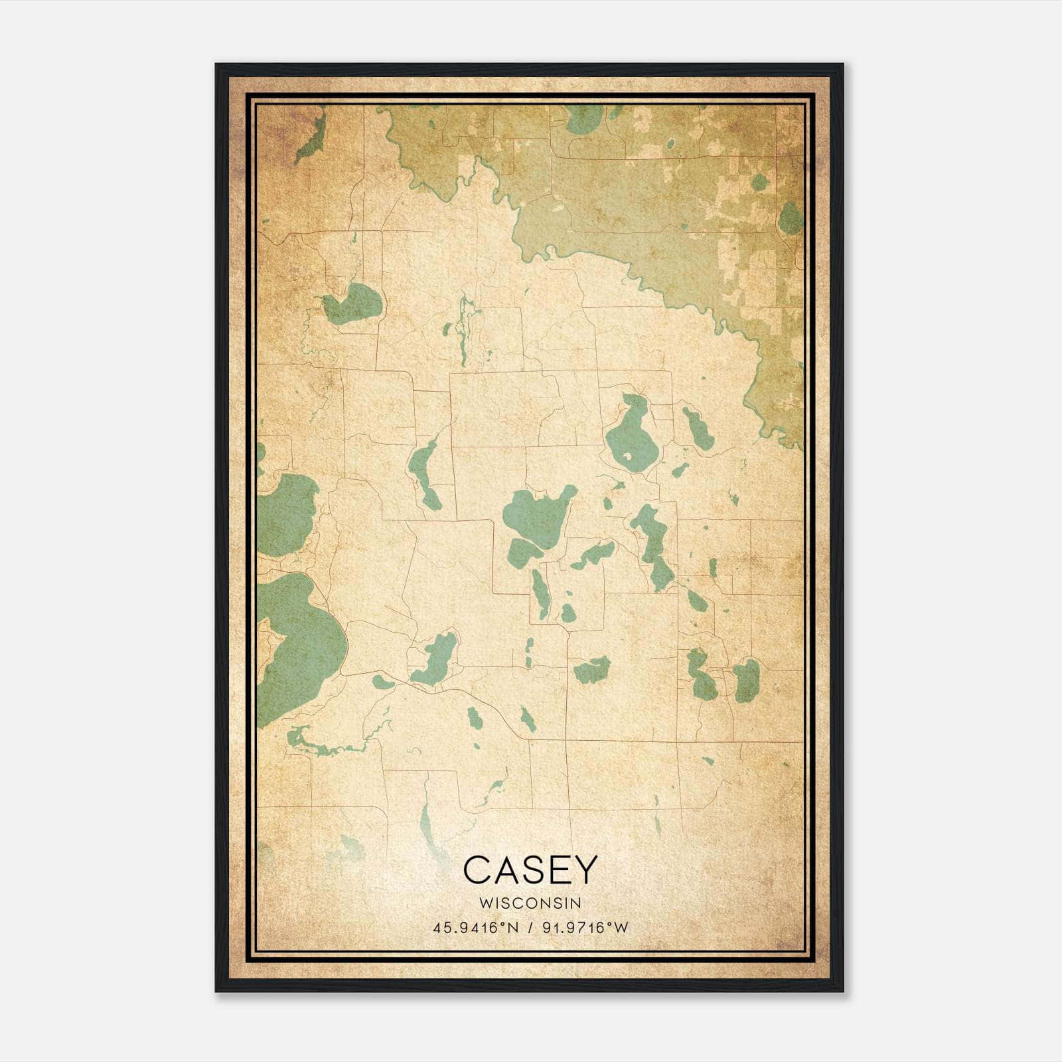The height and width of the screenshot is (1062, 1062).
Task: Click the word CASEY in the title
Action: (x=530, y=870)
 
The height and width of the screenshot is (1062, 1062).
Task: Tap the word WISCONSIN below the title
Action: (x=530, y=903)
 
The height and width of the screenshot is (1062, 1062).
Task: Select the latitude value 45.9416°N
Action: (x=475, y=928)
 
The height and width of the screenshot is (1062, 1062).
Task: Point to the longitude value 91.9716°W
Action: (x=585, y=928)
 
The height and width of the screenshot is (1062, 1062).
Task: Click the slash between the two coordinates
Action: (x=530, y=928)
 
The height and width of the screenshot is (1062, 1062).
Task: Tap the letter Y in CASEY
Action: (x=583, y=870)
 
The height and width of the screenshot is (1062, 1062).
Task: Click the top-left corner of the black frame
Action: (x=217, y=65)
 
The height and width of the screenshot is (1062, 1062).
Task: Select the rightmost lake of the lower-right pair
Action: (x=746, y=680)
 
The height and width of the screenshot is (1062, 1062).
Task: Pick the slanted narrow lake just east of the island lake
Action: (x=697, y=428)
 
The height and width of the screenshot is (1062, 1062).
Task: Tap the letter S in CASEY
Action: (x=530, y=870)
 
